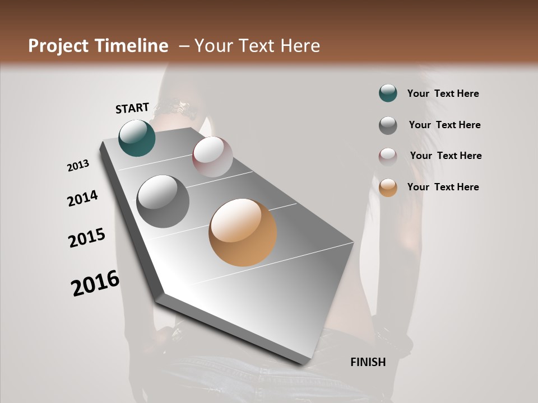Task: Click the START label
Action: point(132,108)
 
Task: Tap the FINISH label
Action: point(368,362)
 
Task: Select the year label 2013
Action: point(78,166)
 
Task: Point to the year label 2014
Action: point(82,199)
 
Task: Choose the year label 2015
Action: point(87,238)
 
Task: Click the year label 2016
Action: point(95,283)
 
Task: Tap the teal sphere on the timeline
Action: point(137,138)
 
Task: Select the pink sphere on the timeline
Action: point(212,157)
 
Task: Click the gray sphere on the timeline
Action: point(163,201)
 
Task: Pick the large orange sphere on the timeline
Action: point(243,232)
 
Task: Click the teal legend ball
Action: point(388,93)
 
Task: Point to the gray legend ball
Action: point(388,125)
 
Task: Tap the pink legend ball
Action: point(388,157)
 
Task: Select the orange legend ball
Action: point(388,188)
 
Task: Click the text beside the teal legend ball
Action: point(443,93)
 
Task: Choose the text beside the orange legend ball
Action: point(443,187)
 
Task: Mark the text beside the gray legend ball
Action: point(444,125)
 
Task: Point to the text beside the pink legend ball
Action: point(446,156)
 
